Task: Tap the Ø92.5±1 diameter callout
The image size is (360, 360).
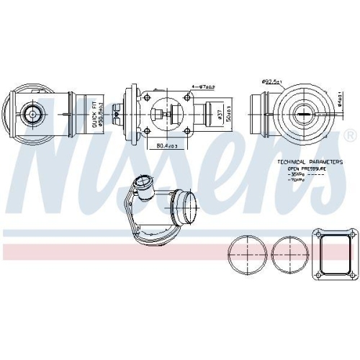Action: point(271,81)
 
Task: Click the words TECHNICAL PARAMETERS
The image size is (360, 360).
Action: point(310,162)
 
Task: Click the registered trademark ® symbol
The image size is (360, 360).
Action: point(349,135)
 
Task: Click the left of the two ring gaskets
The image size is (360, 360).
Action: point(246,254)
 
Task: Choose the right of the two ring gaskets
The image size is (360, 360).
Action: point(288,254)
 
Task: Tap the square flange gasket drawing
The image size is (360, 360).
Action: point(333,253)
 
